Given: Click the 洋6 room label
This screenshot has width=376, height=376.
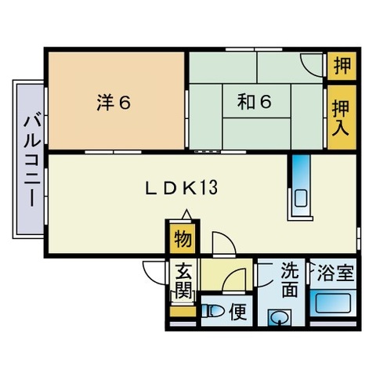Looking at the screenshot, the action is [114, 103].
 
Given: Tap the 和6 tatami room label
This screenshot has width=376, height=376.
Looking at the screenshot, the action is [255, 102].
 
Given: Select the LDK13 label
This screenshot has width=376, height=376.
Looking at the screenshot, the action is [181, 187].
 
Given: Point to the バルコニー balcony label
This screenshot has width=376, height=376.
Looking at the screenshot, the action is [32, 161].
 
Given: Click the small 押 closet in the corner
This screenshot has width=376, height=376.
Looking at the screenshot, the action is [342, 66].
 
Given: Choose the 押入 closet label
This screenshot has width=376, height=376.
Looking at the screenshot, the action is [341, 117].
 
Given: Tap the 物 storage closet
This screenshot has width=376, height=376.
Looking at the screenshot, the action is [183, 238].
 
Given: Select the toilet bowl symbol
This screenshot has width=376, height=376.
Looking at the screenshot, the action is [213, 311].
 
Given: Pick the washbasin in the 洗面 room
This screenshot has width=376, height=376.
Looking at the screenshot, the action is [280, 317].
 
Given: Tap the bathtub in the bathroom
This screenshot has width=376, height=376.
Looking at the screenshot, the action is [333, 303].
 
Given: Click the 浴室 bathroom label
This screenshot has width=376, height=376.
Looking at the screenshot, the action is [335, 273].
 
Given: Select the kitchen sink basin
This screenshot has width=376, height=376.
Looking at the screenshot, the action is [301, 198].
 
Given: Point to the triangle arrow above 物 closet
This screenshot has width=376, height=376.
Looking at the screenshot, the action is [186, 214].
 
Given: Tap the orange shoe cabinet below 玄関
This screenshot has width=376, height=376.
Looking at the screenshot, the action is [183, 312].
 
